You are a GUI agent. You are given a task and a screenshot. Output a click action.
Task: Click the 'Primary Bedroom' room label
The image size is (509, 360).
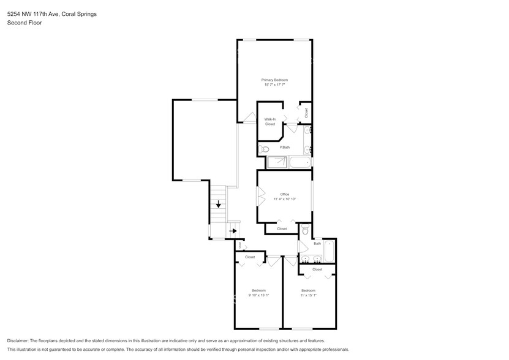pyautogui.click(x=274, y=80)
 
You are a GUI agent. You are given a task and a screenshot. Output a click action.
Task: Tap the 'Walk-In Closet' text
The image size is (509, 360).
pyautogui.click(x=270, y=121)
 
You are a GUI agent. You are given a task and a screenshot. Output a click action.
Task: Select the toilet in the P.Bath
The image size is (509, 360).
pyautogui.click(x=265, y=149)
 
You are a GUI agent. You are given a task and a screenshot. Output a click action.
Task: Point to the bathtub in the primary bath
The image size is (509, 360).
pyautogui.click(x=300, y=163)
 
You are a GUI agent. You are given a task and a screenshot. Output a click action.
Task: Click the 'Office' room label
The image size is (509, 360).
pyautogui.click(x=284, y=194)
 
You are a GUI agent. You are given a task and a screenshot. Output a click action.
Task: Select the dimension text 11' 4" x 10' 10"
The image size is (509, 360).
pyautogui.click(x=284, y=199)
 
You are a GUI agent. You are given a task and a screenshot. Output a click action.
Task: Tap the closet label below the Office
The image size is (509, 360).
pyautogui.click(x=282, y=228)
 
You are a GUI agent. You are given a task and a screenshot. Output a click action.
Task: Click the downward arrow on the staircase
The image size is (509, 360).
pyautogui.click(x=218, y=204)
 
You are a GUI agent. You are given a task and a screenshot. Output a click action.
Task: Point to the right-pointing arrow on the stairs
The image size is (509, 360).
pyautogui.click(x=233, y=231)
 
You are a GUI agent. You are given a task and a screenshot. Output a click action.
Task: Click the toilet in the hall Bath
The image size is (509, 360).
pyautogui.click(x=306, y=231)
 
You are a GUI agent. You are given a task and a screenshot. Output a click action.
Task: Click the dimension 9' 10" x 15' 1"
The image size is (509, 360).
pyautogui.click(x=258, y=295)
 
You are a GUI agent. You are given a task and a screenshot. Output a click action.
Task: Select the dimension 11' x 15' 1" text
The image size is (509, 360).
pyautogui.click(x=308, y=295)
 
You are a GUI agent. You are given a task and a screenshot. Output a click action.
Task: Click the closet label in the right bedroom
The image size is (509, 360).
pyautogui.click(x=317, y=269)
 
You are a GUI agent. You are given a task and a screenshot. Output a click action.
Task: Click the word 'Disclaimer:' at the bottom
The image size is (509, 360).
pyautogui.click(x=18, y=340)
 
